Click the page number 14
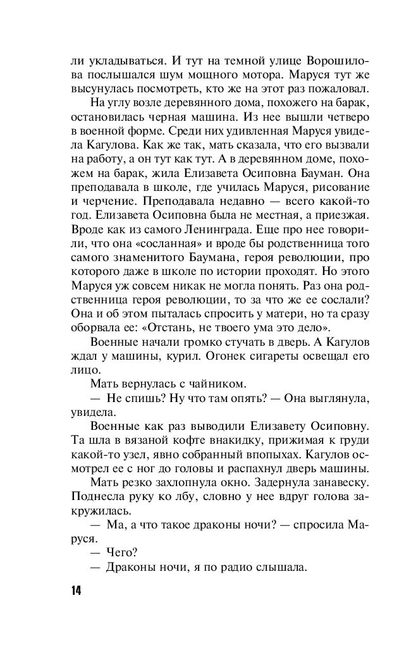(76, 591)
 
